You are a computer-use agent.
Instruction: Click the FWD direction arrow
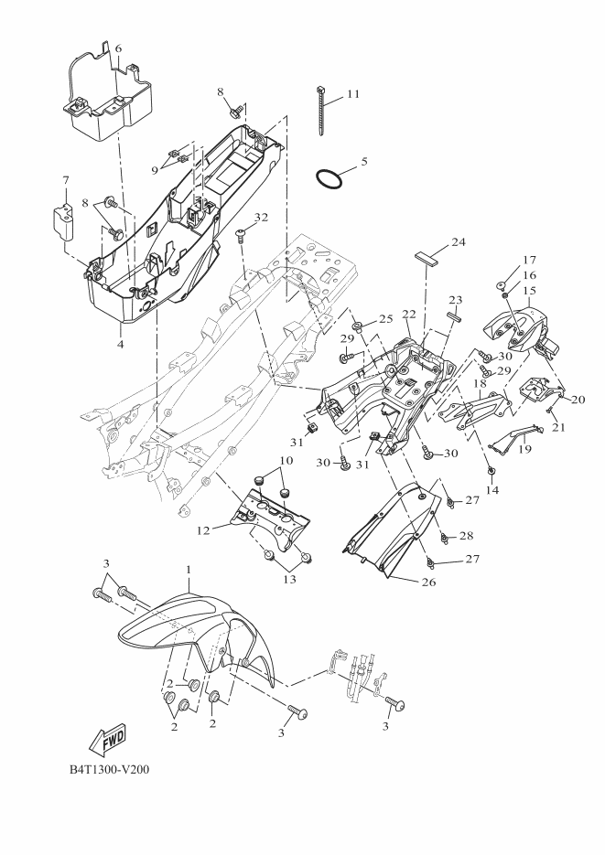pyautogui.click(x=106, y=738)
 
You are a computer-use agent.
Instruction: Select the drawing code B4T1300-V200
pyautogui.click(x=109, y=769)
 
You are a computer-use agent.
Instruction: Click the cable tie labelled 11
pyautogui.click(x=322, y=110)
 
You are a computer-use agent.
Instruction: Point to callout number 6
pyautogui.click(x=117, y=48)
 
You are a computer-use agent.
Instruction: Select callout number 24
pyautogui.click(x=459, y=243)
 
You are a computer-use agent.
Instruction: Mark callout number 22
pyautogui.click(x=409, y=315)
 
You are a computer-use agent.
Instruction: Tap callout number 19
pyautogui.click(x=524, y=449)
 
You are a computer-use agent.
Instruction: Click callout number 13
pyautogui.click(x=291, y=579)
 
